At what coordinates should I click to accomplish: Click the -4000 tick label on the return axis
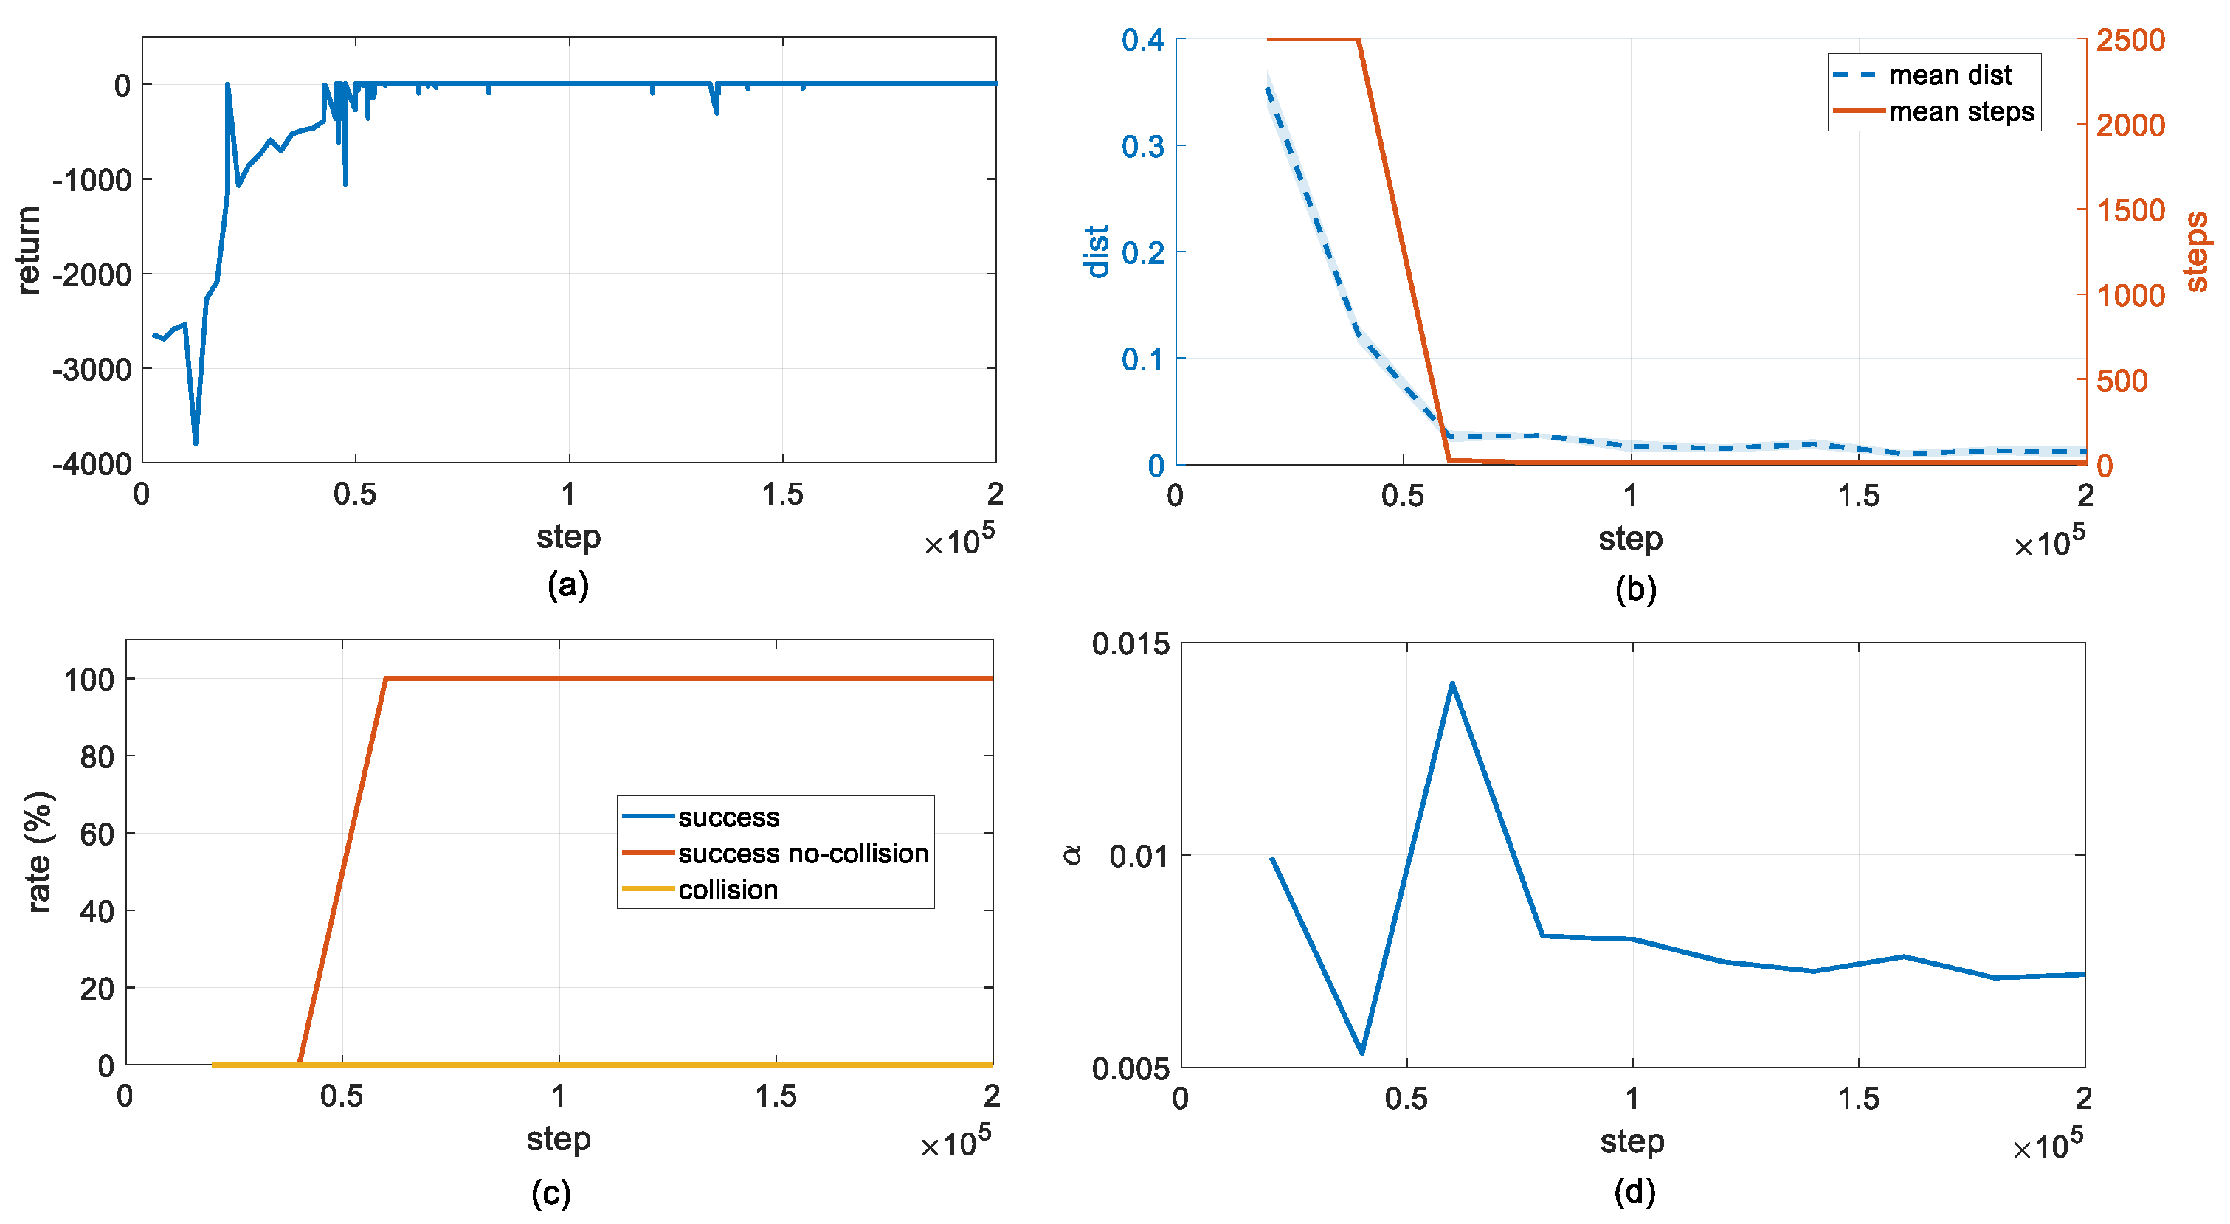(91, 464)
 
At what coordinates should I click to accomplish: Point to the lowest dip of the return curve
(196, 443)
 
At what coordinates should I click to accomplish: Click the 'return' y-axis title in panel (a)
(29, 250)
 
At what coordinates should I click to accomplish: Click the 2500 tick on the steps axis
(2130, 40)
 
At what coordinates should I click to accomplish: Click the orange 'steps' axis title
(2196, 252)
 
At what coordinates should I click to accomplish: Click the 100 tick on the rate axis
(89, 680)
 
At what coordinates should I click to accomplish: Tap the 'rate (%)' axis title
(39, 853)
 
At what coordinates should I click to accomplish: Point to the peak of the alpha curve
(1451, 684)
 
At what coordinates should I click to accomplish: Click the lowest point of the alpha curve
(1363, 1053)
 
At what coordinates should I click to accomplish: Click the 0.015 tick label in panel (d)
(1130, 644)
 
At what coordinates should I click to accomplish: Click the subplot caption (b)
(1635, 589)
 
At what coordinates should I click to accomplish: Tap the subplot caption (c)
(551, 1194)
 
